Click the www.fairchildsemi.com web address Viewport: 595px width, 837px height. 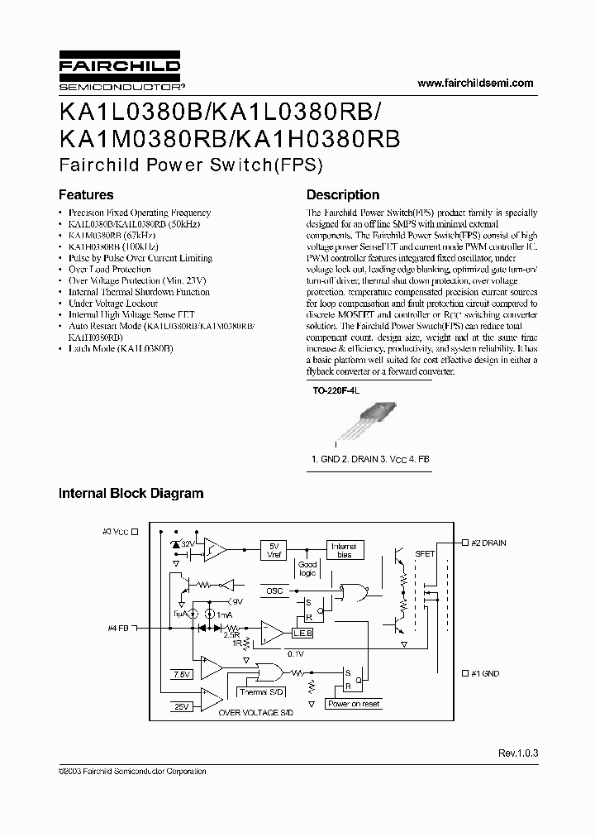click(x=476, y=84)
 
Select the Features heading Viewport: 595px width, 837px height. click(x=86, y=195)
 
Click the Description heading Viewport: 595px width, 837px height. click(x=343, y=195)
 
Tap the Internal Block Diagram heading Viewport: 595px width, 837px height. click(x=131, y=493)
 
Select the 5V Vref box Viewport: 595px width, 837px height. click(x=275, y=550)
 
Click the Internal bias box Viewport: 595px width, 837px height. click(x=344, y=550)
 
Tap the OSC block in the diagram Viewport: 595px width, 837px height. click(x=274, y=591)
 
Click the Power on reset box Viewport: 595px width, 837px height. click(x=354, y=704)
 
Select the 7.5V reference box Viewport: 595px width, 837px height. click(x=181, y=674)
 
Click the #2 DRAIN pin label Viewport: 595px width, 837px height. click(x=488, y=543)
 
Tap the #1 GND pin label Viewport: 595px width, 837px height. click(x=484, y=673)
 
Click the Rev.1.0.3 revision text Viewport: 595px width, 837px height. click(x=518, y=753)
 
